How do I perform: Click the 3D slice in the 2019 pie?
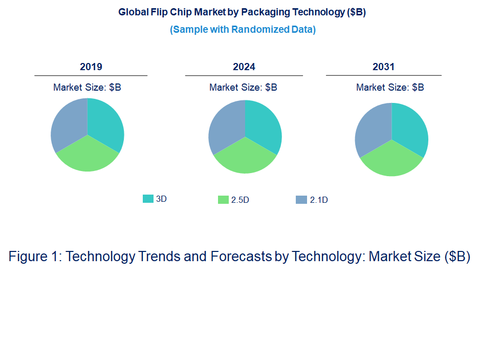(105, 123)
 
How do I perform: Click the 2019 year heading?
(91, 67)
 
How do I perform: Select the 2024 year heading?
(244, 67)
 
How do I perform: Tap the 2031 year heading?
(383, 67)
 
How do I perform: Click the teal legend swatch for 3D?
(148, 199)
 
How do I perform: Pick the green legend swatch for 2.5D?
(223, 200)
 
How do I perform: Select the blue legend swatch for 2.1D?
(301, 200)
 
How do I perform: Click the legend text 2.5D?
(240, 200)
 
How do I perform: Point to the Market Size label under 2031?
(390, 88)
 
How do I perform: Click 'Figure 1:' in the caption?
(35, 257)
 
